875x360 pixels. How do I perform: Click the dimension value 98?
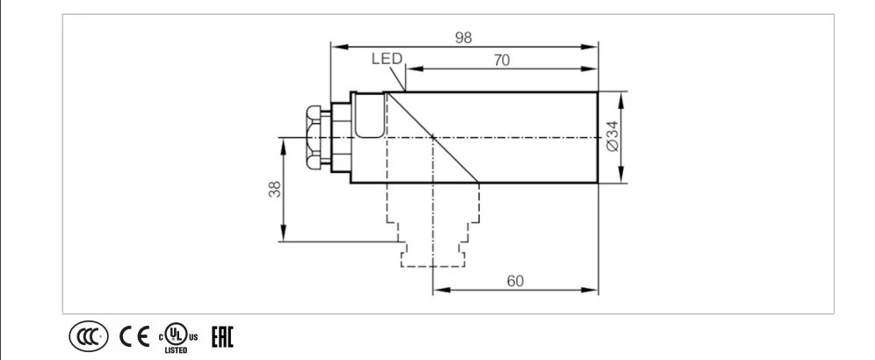point(463,38)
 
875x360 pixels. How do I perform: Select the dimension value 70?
point(502,61)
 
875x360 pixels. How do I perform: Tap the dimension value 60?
point(515,281)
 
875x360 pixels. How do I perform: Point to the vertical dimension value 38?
point(275,189)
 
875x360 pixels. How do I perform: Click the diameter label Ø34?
point(612,136)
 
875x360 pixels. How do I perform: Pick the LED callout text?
point(387,59)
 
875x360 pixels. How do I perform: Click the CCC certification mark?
point(89,336)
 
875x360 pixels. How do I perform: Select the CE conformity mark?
point(134,336)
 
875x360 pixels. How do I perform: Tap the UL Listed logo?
point(178,338)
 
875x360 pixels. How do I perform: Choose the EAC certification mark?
point(222,336)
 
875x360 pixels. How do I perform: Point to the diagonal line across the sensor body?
point(433,137)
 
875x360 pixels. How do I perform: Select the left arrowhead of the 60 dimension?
point(441,290)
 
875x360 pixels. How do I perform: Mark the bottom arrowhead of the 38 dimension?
point(284,233)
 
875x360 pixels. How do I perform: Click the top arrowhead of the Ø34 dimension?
point(621,100)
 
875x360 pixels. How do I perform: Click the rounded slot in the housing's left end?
point(370,115)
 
